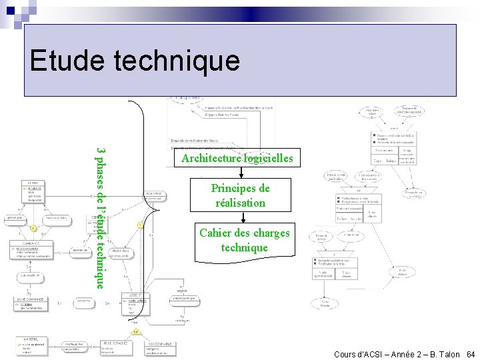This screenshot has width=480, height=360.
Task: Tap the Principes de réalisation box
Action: (x=241, y=195)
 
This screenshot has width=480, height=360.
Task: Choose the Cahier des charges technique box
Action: (x=245, y=240)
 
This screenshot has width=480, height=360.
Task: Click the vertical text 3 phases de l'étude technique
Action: (x=99, y=217)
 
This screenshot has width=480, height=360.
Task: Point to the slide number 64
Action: (x=471, y=354)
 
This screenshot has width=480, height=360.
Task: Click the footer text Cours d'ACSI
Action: (x=361, y=354)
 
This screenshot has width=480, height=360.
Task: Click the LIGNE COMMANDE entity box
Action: (x=31, y=305)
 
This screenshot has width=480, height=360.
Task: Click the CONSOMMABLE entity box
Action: (x=163, y=347)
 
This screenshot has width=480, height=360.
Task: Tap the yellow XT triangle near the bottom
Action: (x=136, y=331)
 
